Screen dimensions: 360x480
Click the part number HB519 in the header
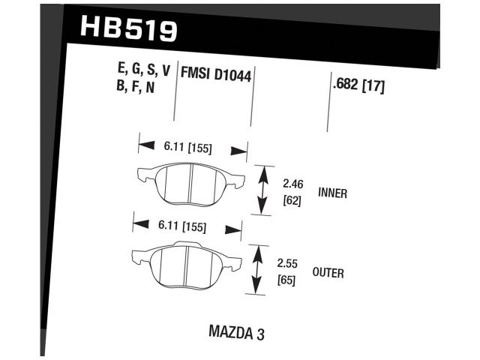tap(128, 30)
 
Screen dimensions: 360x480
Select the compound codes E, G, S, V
tap(144, 71)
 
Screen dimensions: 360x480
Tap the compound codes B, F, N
tap(135, 88)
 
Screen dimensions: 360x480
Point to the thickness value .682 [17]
tap(358, 85)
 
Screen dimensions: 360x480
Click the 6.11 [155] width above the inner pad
tap(183, 148)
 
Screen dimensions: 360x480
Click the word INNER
tap(332, 193)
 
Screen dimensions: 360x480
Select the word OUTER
tap(328, 273)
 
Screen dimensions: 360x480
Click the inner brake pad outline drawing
tap(190, 182)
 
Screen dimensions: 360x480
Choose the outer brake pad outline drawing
tap(186, 263)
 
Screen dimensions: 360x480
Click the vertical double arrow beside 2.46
tap(262, 190)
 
